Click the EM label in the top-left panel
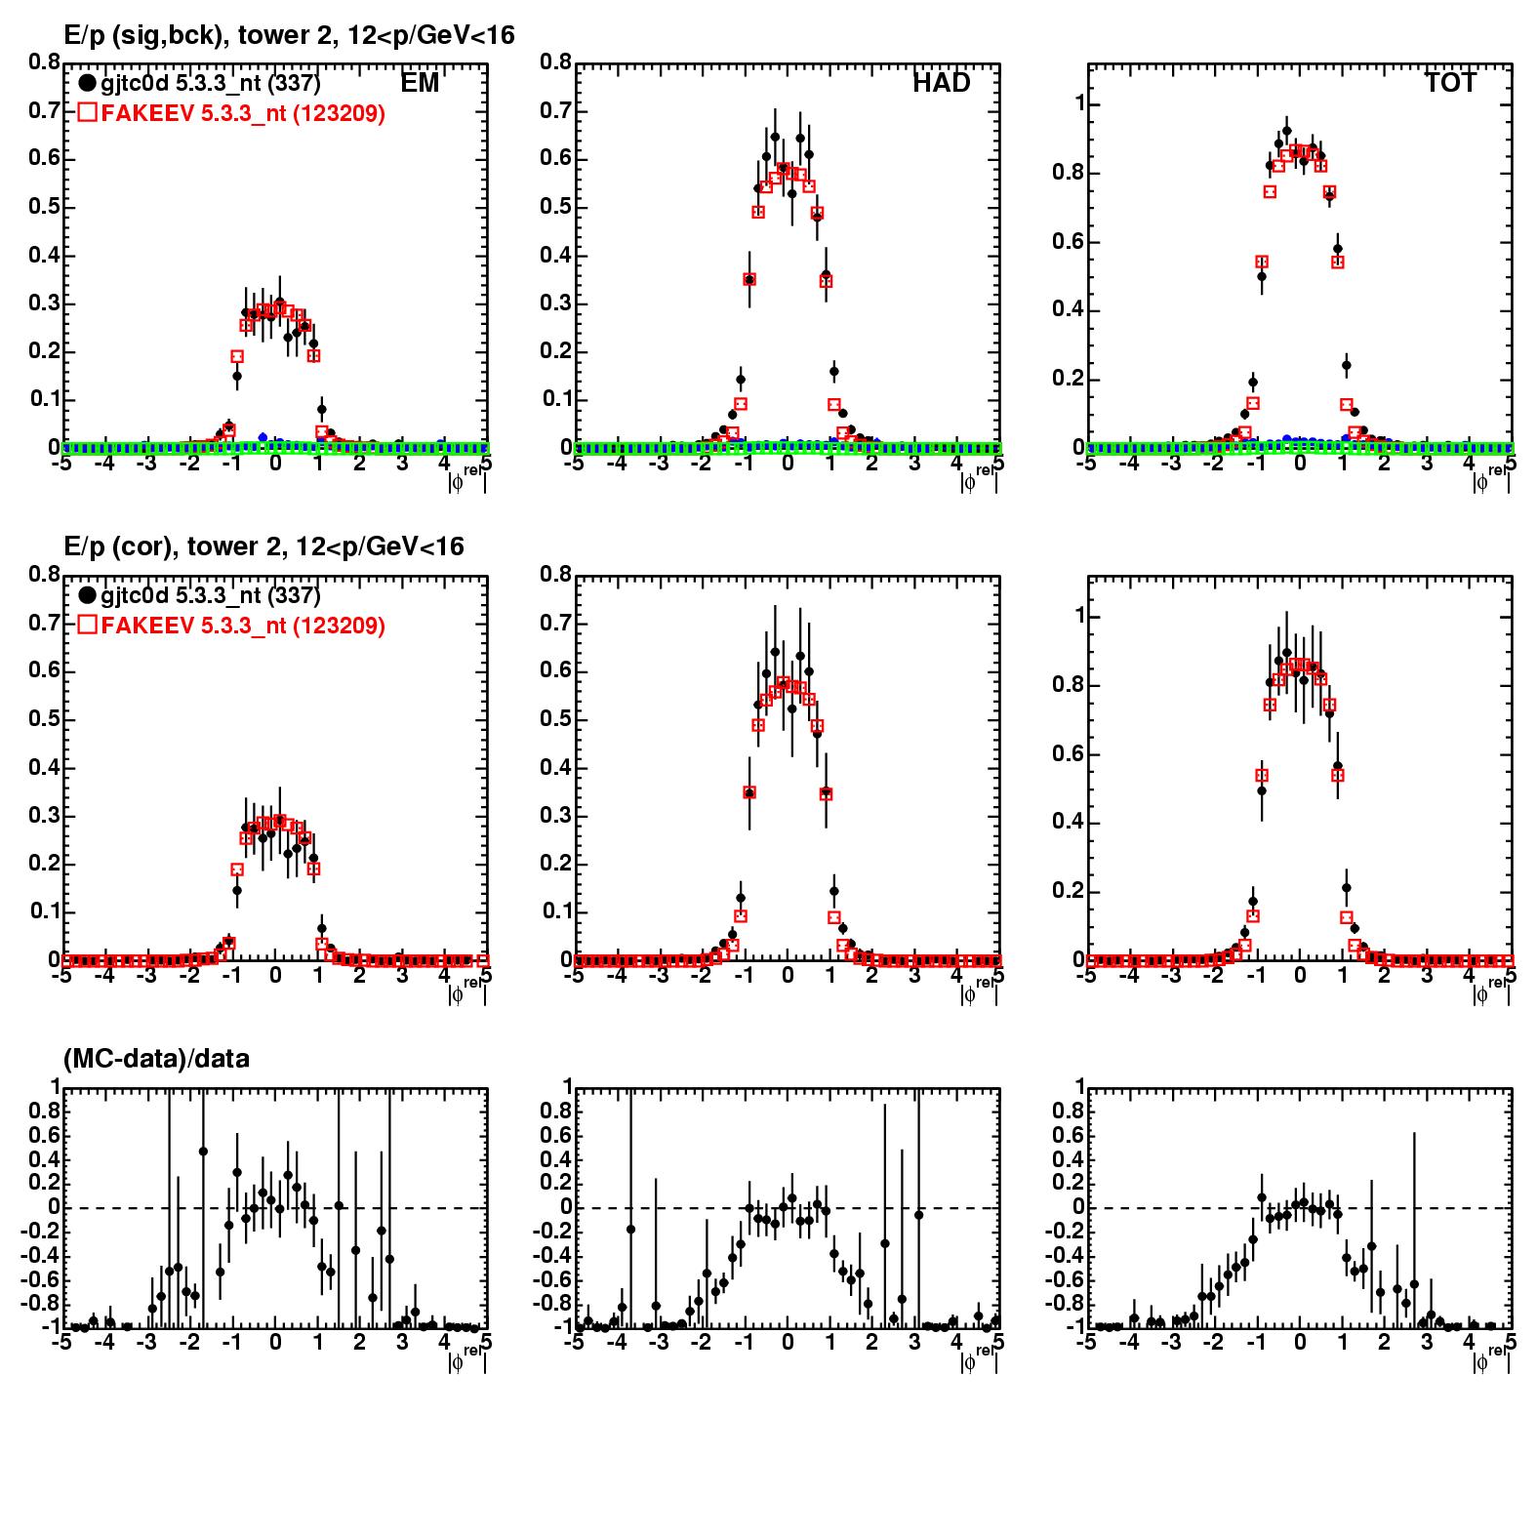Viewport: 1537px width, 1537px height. [420, 84]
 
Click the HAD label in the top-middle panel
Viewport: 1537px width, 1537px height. [941, 84]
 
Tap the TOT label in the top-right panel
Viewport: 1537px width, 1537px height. [1450, 84]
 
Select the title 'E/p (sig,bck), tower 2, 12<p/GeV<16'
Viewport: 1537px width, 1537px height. [289, 35]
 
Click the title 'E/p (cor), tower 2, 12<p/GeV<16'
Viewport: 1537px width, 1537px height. [263, 546]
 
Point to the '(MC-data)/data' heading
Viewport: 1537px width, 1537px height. [156, 1058]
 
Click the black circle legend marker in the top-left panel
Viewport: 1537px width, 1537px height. [88, 84]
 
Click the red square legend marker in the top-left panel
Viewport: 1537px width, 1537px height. [88, 113]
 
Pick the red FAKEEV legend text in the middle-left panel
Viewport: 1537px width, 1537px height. [243, 626]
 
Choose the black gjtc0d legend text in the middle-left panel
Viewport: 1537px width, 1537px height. [210, 595]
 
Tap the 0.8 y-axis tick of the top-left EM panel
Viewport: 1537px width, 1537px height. [44, 62]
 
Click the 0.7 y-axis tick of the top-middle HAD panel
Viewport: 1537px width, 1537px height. [555, 110]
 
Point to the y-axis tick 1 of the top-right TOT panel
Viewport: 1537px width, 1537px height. [1078, 104]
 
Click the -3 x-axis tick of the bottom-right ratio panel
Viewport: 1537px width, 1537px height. [1169, 1343]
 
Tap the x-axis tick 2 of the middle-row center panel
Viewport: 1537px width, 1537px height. [871, 976]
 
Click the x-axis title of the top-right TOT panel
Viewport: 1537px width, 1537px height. [1489, 480]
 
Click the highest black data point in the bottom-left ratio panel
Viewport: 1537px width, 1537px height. [203, 1152]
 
